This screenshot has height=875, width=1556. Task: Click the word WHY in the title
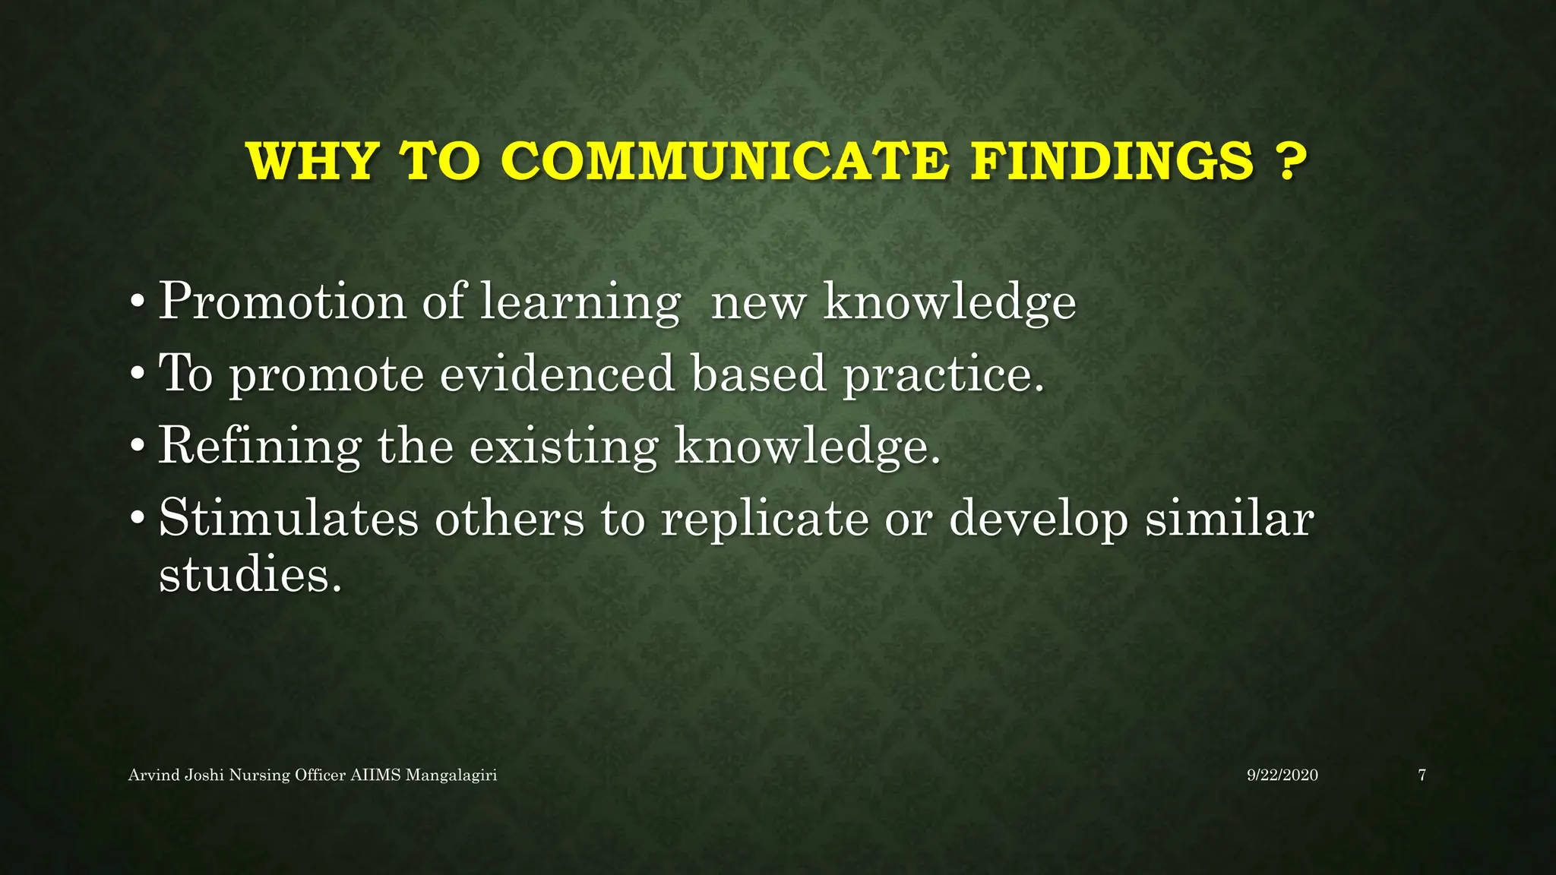[x=312, y=161]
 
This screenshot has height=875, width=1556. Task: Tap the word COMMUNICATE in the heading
[x=725, y=161]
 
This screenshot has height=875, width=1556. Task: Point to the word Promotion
[x=282, y=302]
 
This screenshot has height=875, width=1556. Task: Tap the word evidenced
[x=557, y=374]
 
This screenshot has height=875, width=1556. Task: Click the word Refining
[x=259, y=446]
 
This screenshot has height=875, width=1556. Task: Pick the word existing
[x=563, y=447]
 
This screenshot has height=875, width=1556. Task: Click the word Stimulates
[x=289, y=518]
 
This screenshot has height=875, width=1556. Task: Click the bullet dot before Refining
[x=137, y=447]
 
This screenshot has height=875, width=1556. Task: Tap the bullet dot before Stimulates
[x=137, y=519]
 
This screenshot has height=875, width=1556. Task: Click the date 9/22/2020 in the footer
[x=1282, y=775]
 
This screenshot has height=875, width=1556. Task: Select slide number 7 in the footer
[x=1422, y=775]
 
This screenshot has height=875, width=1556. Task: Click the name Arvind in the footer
[x=154, y=775]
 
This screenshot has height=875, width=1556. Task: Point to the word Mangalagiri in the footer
[x=451, y=775]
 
